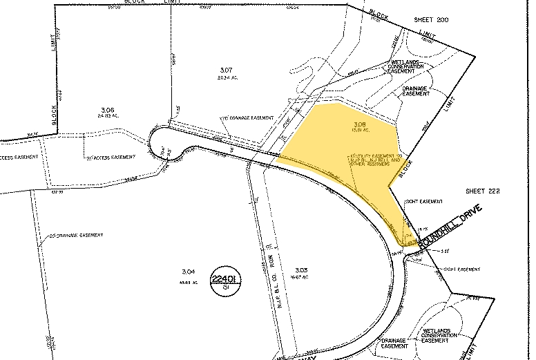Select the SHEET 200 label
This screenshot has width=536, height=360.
[x=431, y=20]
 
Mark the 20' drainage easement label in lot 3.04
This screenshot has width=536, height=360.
[x=77, y=236]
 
